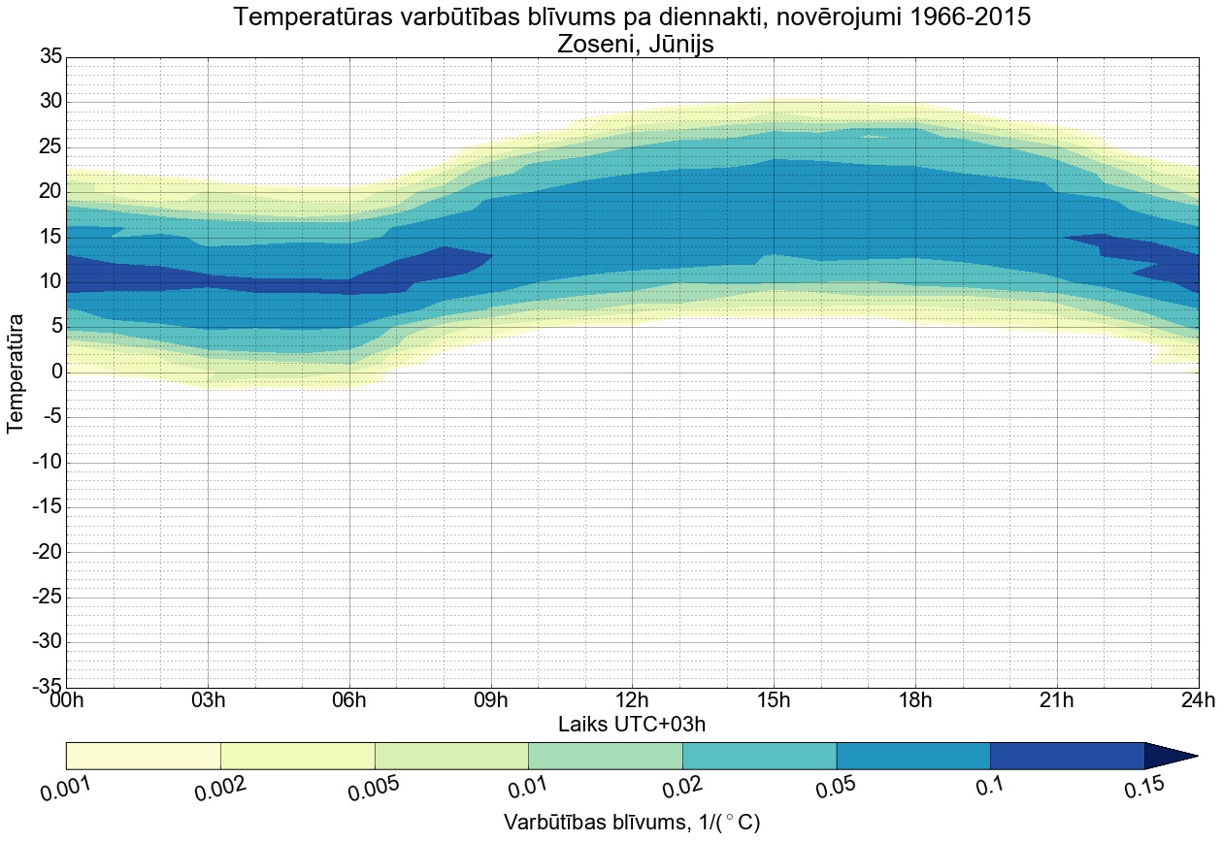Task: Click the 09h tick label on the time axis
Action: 490,700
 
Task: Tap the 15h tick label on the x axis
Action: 774,700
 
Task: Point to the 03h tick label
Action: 208,700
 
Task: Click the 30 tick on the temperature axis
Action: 50,102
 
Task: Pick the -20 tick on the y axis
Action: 47,552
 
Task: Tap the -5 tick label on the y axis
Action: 50,417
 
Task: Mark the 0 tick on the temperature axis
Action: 56,372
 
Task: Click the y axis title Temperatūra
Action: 17,372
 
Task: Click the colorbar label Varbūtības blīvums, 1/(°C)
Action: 632,823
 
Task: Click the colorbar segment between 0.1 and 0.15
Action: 1067,756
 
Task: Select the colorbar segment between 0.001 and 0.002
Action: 144,756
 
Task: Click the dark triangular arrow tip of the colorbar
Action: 1169,756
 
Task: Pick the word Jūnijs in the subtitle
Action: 686,45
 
